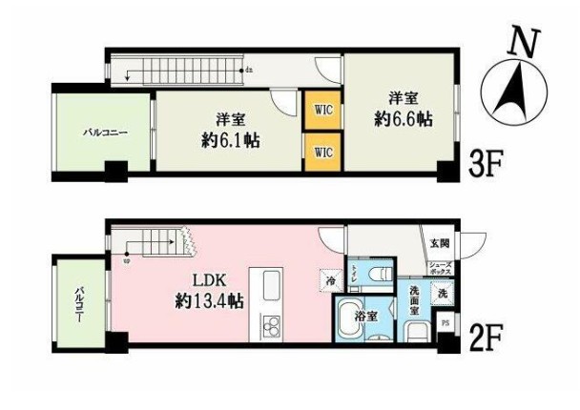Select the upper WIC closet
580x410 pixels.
tap(322, 109)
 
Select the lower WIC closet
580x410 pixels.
tap(322, 151)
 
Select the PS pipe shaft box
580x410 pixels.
tap(444, 323)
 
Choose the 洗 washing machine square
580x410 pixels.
tap(441, 295)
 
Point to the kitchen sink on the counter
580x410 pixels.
tap(267, 285)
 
